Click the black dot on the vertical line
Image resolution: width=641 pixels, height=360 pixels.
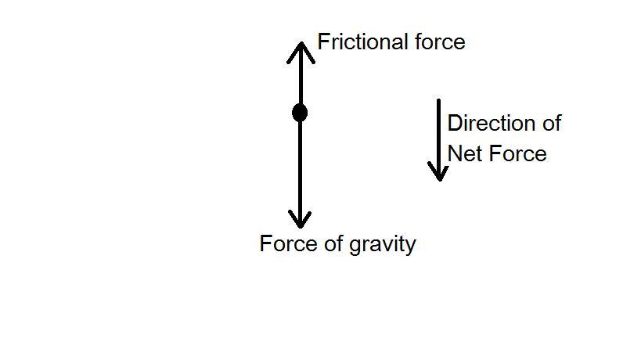point(300,113)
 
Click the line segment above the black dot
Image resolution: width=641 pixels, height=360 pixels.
point(300,78)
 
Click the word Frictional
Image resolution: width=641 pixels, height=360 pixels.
point(357,41)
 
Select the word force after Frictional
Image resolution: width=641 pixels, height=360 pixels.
point(443,41)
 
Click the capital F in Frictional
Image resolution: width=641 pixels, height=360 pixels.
point(322,41)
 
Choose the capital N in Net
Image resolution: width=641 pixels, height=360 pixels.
point(454,153)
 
